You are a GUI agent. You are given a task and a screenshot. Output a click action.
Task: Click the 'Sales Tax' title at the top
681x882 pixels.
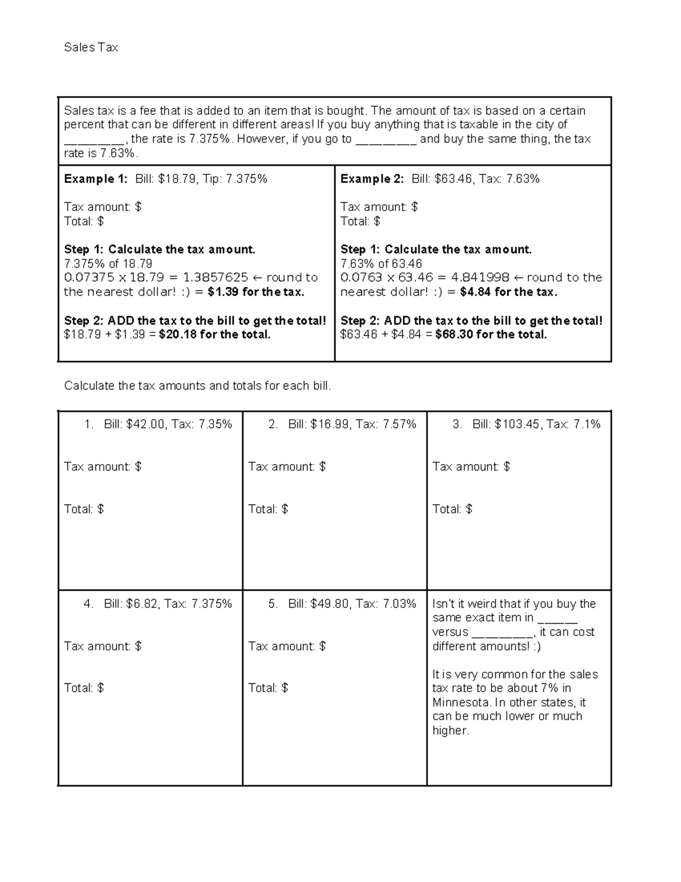[91, 48]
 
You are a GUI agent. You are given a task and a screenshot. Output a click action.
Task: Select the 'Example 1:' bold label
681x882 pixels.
[96, 179]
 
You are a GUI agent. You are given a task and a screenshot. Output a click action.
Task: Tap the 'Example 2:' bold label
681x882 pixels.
[372, 179]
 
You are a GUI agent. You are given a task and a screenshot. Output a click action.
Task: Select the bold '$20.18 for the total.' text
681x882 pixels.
[215, 335]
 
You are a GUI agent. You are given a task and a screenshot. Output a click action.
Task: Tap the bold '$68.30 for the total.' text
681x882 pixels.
[491, 335]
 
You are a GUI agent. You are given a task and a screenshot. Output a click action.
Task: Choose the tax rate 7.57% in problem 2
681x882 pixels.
[400, 424]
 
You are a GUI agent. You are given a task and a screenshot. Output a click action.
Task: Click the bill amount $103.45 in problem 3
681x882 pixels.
[518, 424]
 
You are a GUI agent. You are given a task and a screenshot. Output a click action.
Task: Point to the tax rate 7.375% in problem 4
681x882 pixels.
[212, 604]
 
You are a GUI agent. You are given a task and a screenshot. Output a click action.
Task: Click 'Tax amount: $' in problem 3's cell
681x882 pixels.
[471, 467]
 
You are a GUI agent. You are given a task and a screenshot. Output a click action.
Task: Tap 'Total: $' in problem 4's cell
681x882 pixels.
[84, 688]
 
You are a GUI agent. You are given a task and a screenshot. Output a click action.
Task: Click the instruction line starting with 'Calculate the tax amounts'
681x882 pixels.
[197, 386]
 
